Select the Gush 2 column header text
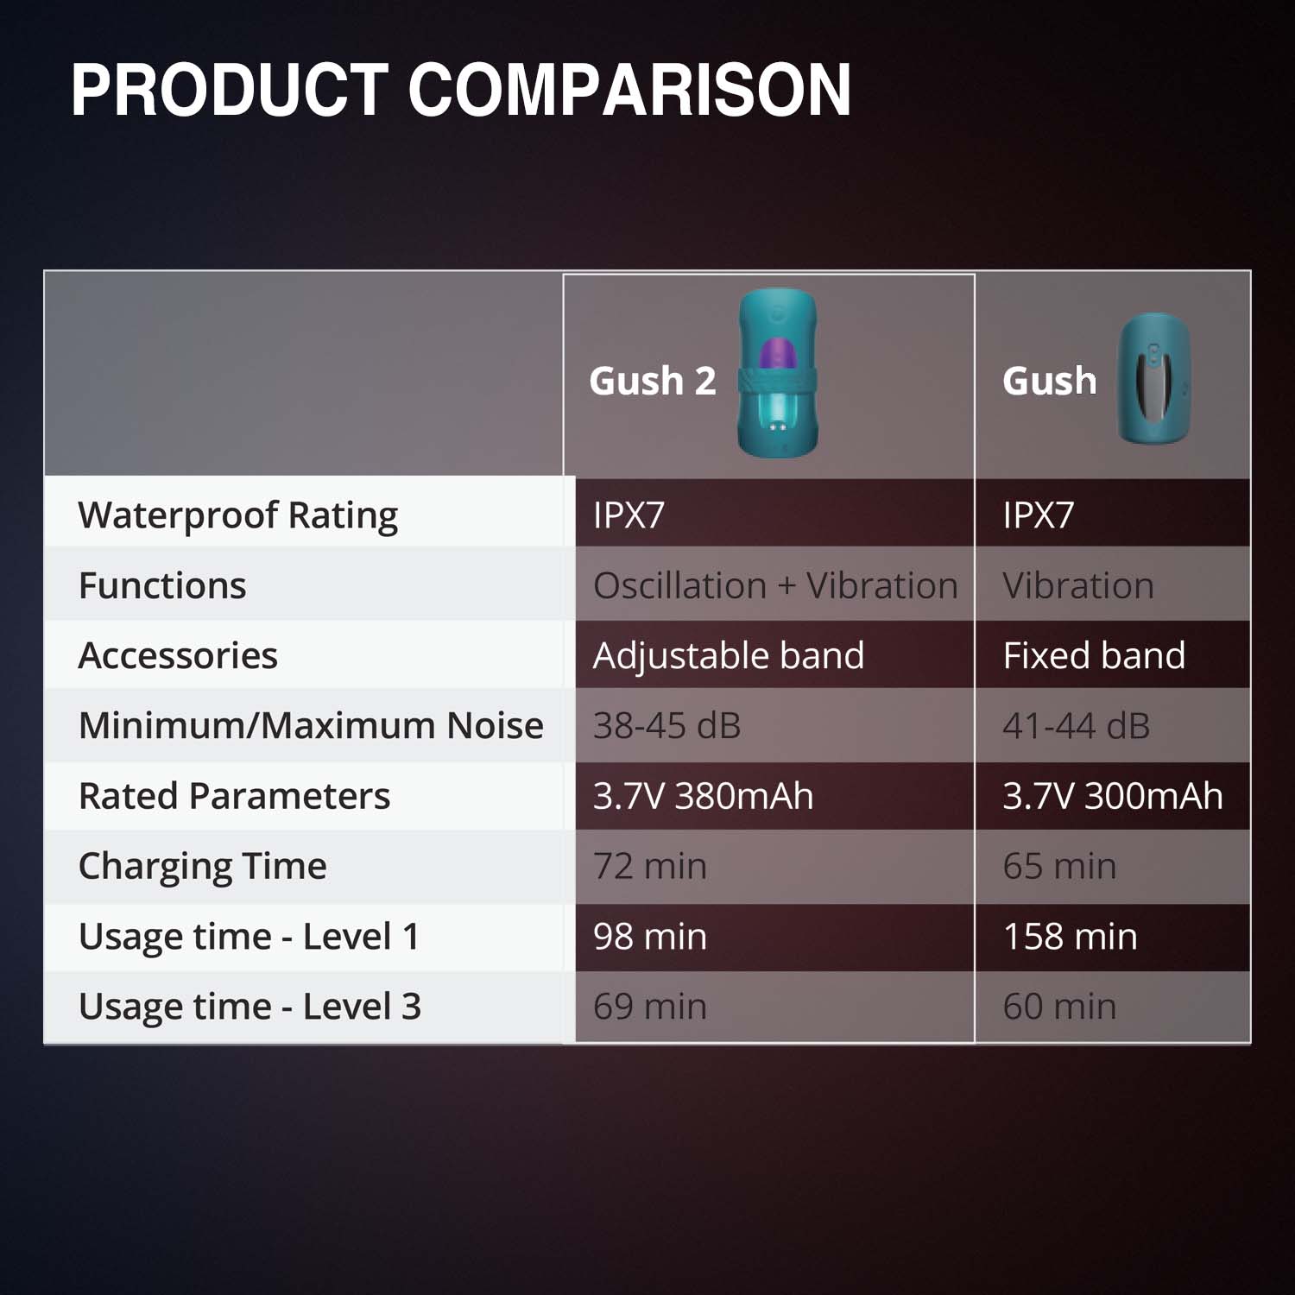pyautogui.click(x=653, y=381)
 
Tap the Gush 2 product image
pyautogui.click(x=778, y=373)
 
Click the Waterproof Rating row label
pyautogui.click(x=238, y=515)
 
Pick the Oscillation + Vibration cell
pyautogui.click(x=775, y=585)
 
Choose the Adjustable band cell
pyautogui.click(x=728, y=655)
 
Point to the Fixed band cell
pyautogui.click(x=1094, y=655)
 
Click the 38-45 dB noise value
pyautogui.click(x=666, y=726)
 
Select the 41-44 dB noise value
pyautogui.click(x=1076, y=726)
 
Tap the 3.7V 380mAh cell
pyautogui.click(x=703, y=796)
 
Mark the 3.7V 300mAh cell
pyautogui.click(x=1113, y=796)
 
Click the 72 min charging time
pyautogui.click(x=650, y=866)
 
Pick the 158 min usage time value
pyautogui.click(x=1071, y=936)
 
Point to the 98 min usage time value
pyautogui.click(x=650, y=936)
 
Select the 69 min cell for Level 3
pyautogui.click(x=650, y=1006)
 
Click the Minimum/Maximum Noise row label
pyautogui.click(x=311, y=726)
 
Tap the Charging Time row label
pyautogui.click(x=203, y=866)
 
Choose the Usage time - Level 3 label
pyautogui.click(x=250, y=1007)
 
